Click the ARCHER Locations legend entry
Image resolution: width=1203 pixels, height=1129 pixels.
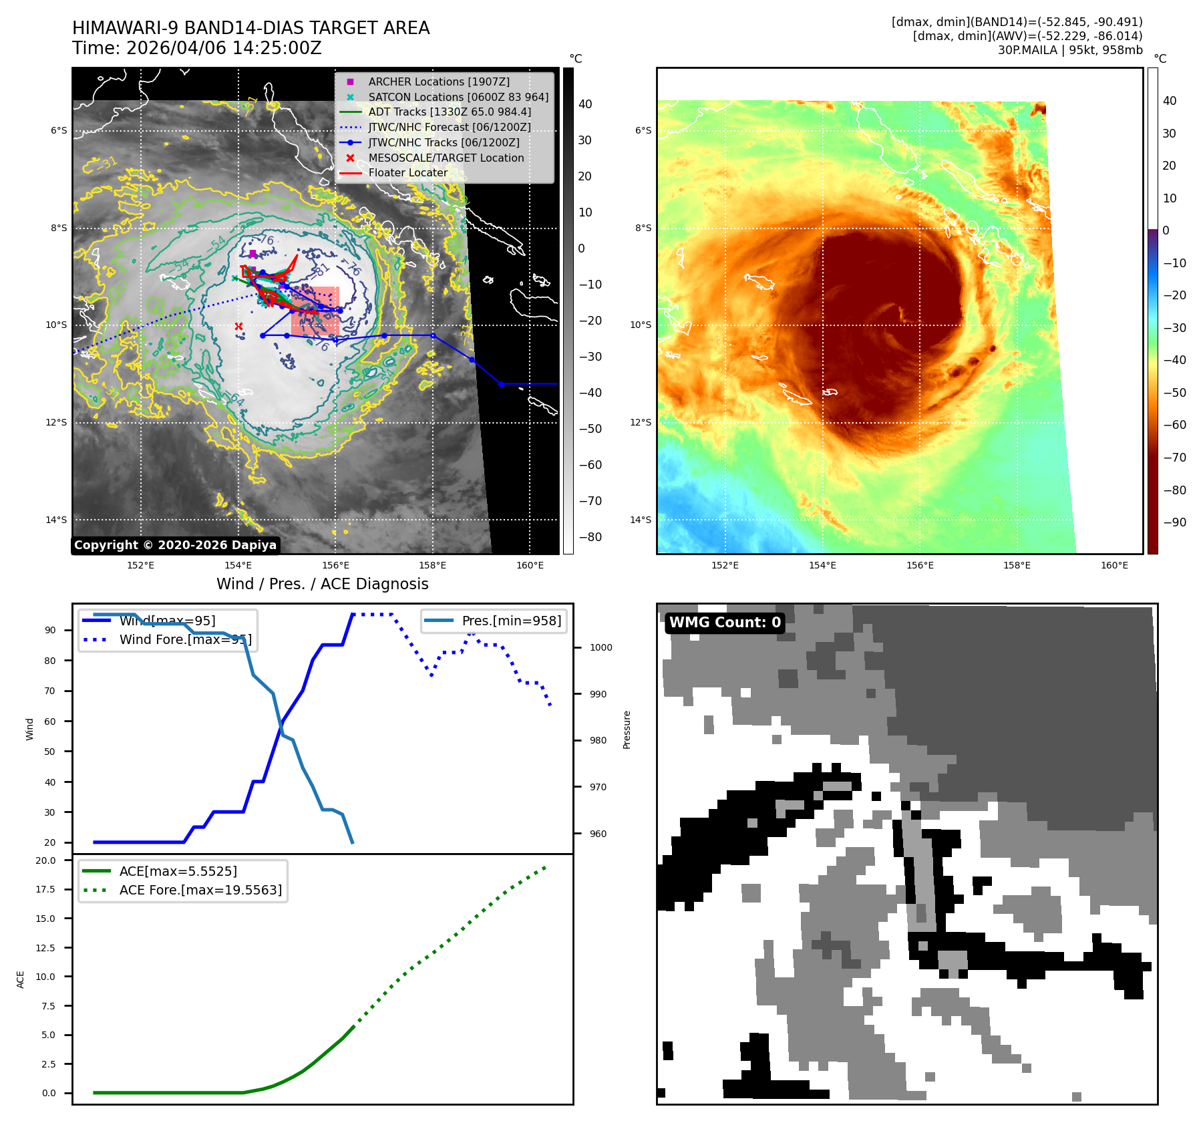(438, 82)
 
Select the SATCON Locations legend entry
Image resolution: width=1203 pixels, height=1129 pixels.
(458, 97)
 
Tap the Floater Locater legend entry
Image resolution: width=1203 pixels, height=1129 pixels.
(407, 172)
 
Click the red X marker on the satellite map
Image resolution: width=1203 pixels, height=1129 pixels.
(238, 327)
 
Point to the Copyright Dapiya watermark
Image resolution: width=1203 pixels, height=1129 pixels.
(175, 545)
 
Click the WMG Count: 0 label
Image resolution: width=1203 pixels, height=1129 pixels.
(725, 623)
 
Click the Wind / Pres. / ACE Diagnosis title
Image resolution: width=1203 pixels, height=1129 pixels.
(322, 584)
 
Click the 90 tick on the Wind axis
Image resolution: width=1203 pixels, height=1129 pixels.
(50, 630)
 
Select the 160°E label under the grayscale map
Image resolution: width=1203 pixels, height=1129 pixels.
(530, 565)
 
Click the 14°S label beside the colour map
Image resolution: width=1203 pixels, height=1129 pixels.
(643, 520)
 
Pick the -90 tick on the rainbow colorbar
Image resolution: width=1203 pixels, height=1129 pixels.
(1174, 522)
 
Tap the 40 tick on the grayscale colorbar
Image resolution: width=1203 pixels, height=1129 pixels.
(585, 104)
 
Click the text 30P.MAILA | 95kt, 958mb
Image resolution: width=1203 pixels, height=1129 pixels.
(1069, 50)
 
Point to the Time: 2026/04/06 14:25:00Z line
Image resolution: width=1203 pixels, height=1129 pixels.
(197, 48)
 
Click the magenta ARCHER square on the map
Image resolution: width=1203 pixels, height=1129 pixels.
(252, 254)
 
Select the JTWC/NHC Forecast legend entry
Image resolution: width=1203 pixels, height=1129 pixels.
(449, 127)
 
